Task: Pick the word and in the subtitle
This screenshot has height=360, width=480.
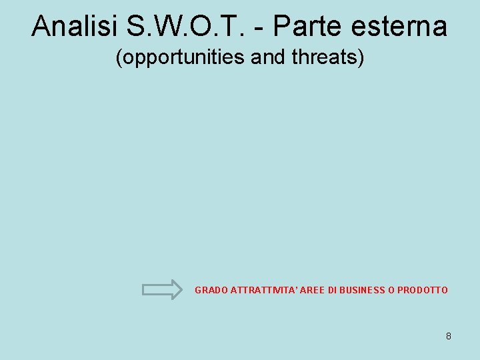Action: (x=269, y=57)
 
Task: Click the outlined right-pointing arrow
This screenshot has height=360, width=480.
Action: (x=162, y=289)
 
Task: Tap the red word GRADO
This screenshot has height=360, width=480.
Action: (x=210, y=290)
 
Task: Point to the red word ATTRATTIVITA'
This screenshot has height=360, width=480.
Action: (x=261, y=290)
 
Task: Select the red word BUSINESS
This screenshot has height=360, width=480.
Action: (x=362, y=290)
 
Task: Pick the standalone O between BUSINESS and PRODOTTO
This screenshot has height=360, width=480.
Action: (x=391, y=290)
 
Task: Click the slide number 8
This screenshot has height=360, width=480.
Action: (x=449, y=336)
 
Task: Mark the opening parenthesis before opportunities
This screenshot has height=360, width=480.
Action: (x=119, y=58)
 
